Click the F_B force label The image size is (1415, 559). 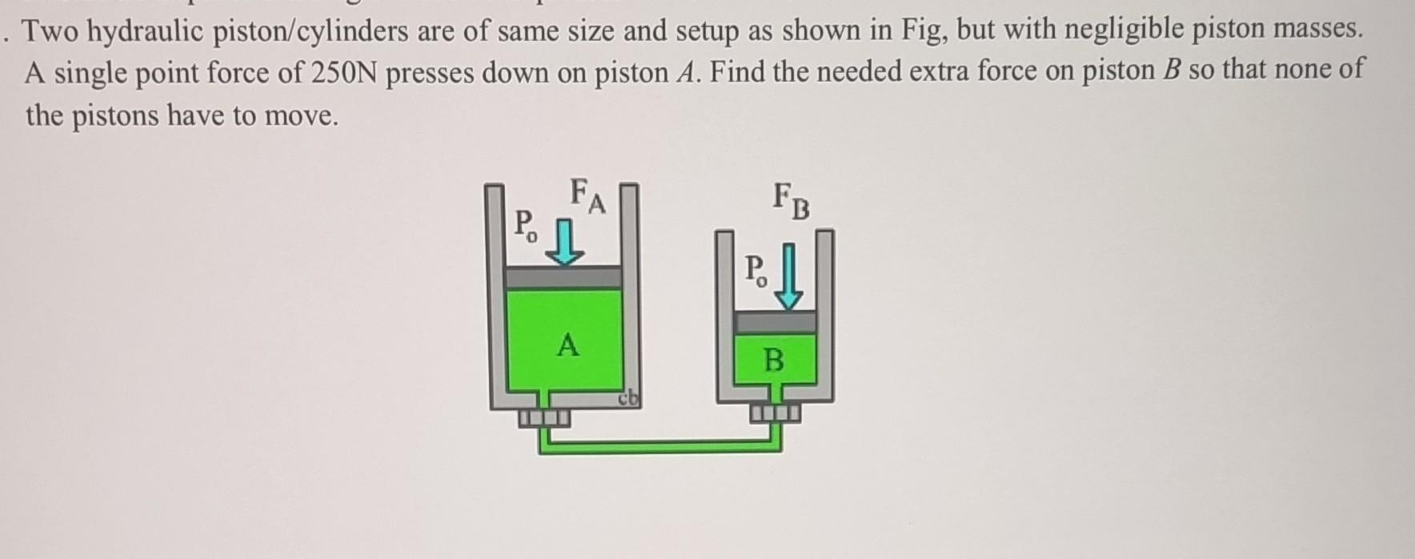click(x=792, y=202)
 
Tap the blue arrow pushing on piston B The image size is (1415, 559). click(x=790, y=277)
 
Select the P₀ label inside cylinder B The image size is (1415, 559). click(x=756, y=271)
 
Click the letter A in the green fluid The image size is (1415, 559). click(x=567, y=346)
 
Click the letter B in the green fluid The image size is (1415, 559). click(x=773, y=360)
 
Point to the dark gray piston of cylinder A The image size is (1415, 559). click(x=564, y=277)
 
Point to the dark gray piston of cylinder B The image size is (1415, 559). click(x=775, y=322)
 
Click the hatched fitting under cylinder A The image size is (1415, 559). click(x=544, y=417)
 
